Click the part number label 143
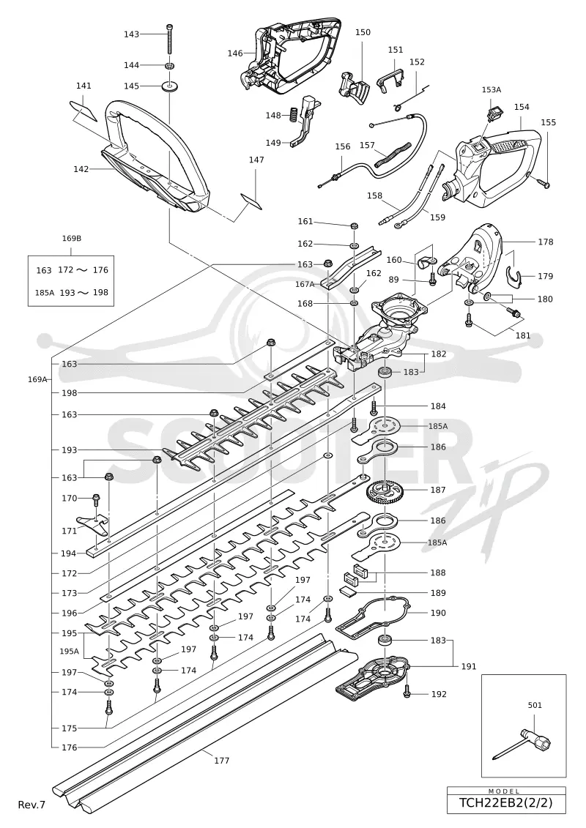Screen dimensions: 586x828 pyautogui.click(x=131, y=34)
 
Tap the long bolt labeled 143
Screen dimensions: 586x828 pyautogui.click(x=170, y=39)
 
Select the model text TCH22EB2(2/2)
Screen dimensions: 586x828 pyautogui.click(x=505, y=803)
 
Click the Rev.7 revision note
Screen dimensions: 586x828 pyautogui.click(x=31, y=805)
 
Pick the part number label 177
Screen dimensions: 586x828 pyautogui.click(x=222, y=761)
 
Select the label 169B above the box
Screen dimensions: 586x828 pyautogui.click(x=71, y=238)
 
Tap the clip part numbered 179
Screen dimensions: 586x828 pyautogui.click(x=513, y=275)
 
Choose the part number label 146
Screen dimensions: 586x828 pyautogui.click(x=235, y=53)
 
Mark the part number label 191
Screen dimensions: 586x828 pyautogui.click(x=469, y=666)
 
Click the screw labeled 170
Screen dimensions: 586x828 pyautogui.click(x=97, y=499)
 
